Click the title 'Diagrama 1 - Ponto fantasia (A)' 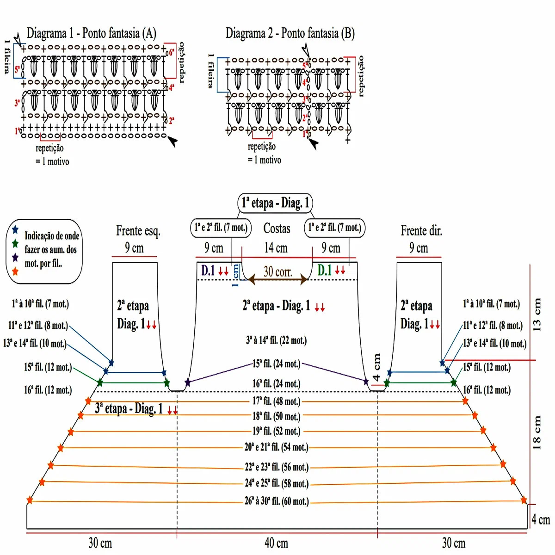(91, 33)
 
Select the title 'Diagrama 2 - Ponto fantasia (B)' (290, 33)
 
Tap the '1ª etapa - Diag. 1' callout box (275, 203)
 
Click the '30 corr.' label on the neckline (277, 271)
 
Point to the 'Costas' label (277, 228)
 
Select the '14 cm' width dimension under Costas (276, 248)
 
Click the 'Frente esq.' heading (138, 230)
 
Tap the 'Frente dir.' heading (421, 230)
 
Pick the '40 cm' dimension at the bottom (276, 543)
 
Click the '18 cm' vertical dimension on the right (537, 432)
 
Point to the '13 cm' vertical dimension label (537, 314)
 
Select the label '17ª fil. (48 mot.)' (276, 401)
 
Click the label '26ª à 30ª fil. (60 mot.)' (276, 501)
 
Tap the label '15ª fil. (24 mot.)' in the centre (276, 364)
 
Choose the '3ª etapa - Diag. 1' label (129, 409)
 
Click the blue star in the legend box (15, 229)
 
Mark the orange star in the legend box (15, 271)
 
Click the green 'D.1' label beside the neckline (325, 271)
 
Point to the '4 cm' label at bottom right (540, 520)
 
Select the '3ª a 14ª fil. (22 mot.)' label (276, 341)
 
